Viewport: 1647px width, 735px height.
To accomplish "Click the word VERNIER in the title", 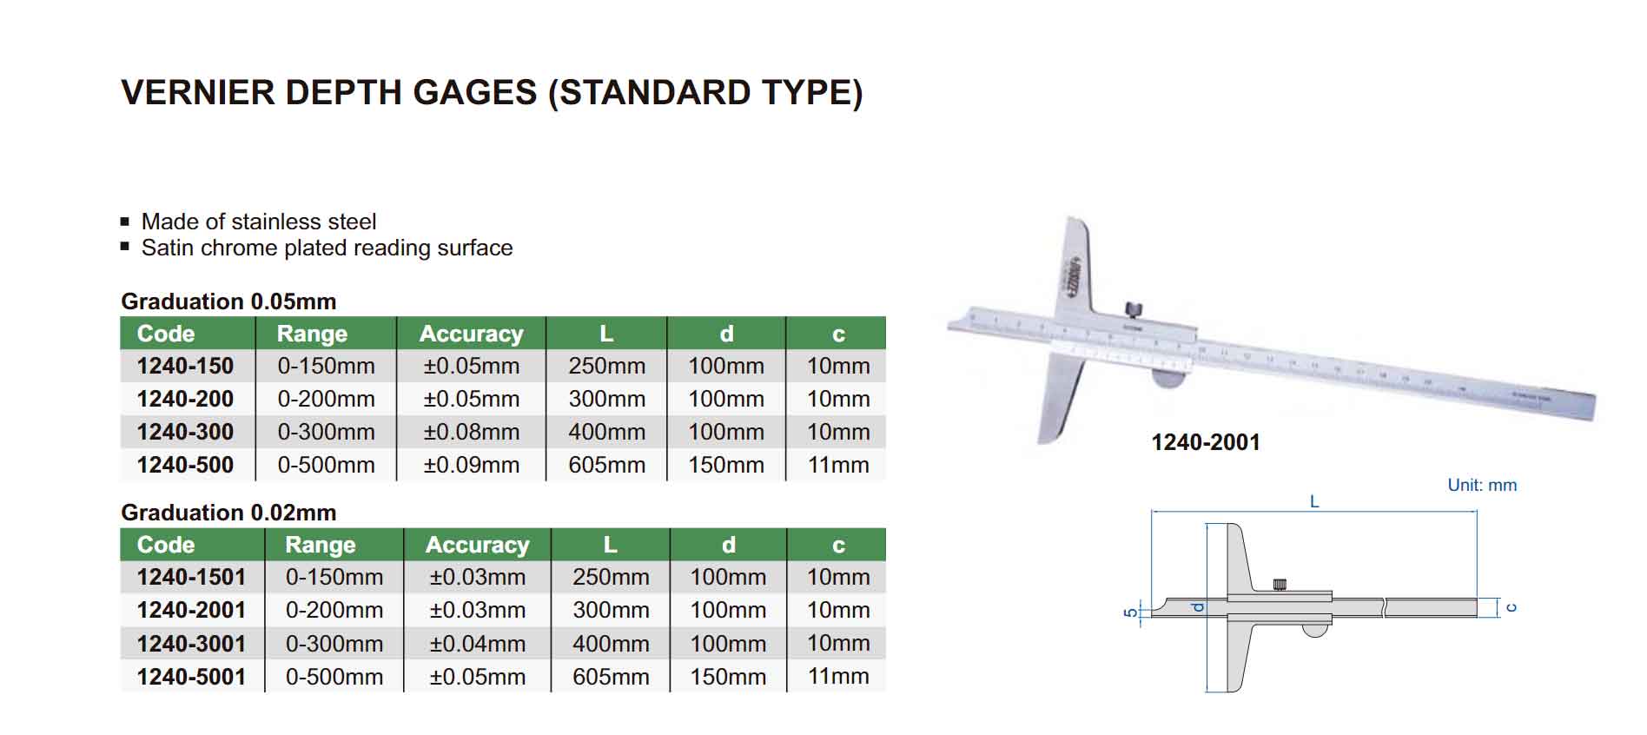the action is (x=197, y=92).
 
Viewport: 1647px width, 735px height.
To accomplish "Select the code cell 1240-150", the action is (x=185, y=366).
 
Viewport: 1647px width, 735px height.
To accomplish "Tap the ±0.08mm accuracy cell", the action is (x=472, y=432).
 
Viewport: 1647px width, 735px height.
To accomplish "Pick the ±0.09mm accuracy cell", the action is (x=472, y=465).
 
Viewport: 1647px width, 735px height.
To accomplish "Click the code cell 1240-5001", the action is (x=191, y=677).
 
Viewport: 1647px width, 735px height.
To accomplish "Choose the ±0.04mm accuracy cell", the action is (x=478, y=644).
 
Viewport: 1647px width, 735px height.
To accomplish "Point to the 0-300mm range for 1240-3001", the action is (x=334, y=644).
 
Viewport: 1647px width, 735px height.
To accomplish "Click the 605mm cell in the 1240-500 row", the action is (x=607, y=465).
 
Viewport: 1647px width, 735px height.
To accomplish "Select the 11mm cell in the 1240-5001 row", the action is (x=838, y=677).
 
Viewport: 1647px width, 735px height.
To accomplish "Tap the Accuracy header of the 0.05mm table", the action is (x=472, y=334).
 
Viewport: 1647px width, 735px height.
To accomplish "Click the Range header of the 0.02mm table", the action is (x=321, y=545).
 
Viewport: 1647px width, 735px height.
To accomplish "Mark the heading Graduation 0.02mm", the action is (x=228, y=513).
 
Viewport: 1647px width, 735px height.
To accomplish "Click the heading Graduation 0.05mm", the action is (x=228, y=301).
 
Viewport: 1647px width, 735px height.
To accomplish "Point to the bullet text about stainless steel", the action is (x=259, y=222).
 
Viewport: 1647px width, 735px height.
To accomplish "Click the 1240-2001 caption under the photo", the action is (x=1206, y=442).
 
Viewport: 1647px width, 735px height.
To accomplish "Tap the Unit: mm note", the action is (x=1482, y=485).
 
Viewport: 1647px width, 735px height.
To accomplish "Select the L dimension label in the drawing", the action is (x=1314, y=501).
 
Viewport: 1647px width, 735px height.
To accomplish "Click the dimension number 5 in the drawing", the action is (x=1130, y=612).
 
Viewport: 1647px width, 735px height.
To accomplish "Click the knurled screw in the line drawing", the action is (x=1280, y=585).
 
